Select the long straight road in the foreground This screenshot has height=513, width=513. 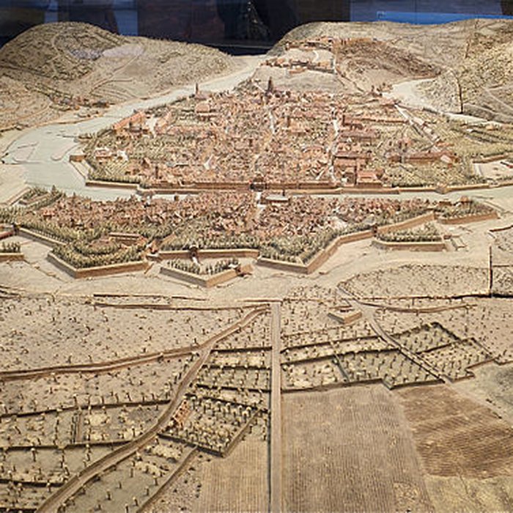[276, 410]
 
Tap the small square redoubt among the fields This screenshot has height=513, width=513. [344, 315]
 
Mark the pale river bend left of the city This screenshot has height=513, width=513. [37, 154]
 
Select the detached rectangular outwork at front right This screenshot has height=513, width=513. [410, 239]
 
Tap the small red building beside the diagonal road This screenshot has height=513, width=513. [180, 415]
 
